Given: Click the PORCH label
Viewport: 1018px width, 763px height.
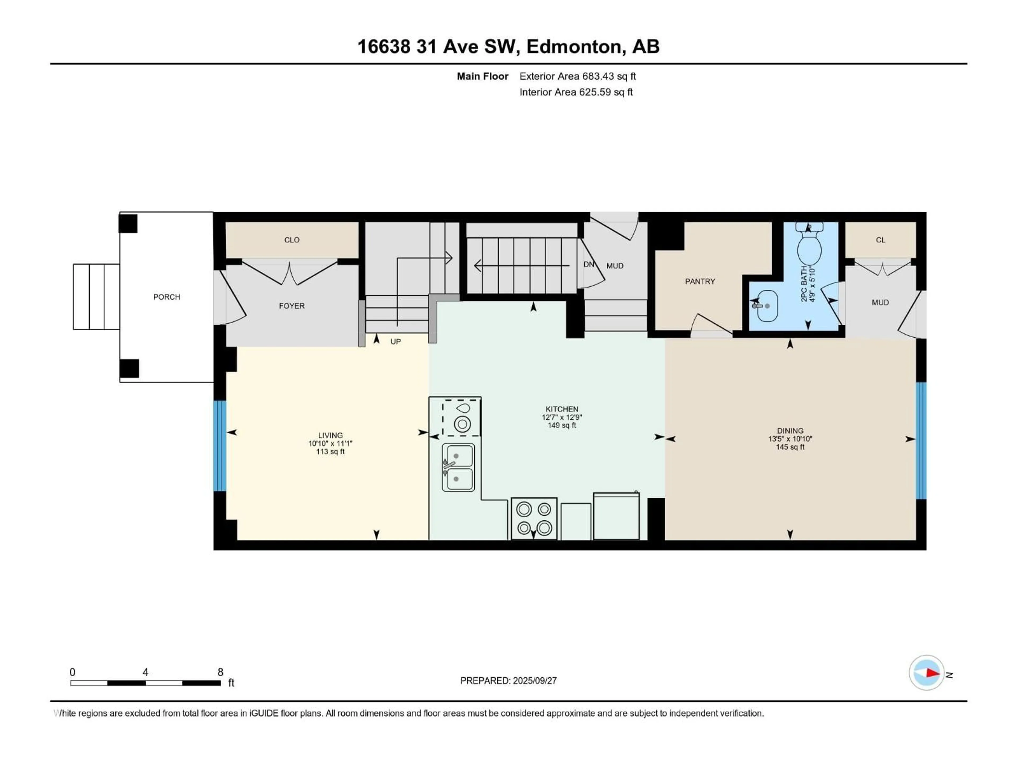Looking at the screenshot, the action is coord(166,297).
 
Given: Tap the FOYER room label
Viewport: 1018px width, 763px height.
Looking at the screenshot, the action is coord(292,306).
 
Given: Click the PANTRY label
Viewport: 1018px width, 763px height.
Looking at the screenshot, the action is coord(700,281).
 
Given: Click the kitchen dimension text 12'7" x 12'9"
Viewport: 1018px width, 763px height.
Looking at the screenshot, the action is coord(562,417).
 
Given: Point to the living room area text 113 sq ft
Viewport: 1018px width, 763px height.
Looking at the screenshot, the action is coord(330,452).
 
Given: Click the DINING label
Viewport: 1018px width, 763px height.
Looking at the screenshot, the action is coord(790,431).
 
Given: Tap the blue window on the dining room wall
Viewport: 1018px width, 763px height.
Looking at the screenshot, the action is coord(921,441).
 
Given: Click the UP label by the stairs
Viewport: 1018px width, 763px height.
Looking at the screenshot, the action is coord(396,342).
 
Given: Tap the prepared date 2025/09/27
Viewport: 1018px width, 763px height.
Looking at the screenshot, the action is coord(535,681).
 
